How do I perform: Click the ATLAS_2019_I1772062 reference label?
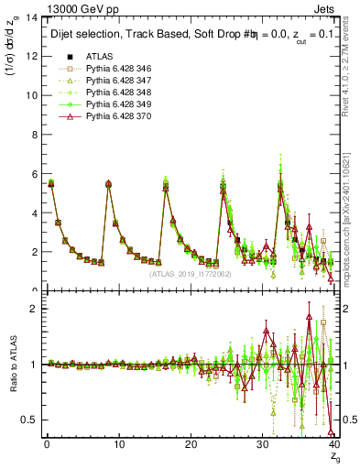tap(189, 273)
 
